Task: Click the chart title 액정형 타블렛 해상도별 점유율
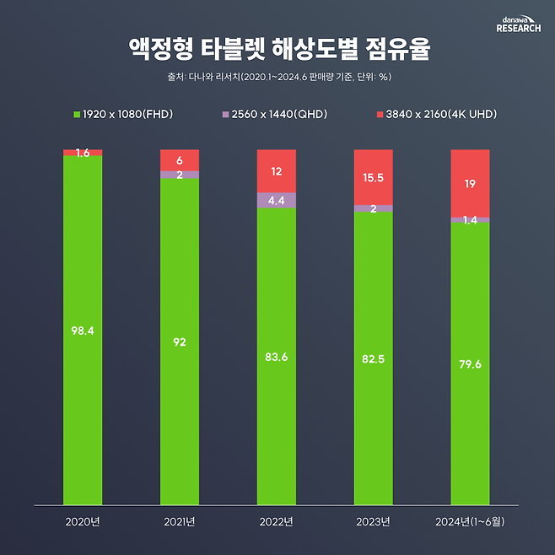(x=277, y=49)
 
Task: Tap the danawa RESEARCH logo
(x=519, y=23)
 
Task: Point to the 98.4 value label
(x=83, y=330)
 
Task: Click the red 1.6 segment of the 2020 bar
(x=83, y=153)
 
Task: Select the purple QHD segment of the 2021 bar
(x=180, y=175)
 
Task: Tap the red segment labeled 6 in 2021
(x=180, y=160)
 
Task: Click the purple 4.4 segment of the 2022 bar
(x=277, y=201)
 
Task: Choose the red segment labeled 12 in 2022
(x=277, y=171)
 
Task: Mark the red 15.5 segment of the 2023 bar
(x=374, y=177)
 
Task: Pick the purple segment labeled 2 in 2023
(x=374, y=208)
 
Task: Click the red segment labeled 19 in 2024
(x=470, y=183)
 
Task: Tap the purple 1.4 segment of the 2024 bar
(x=470, y=220)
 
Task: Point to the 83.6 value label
(x=277, y=357)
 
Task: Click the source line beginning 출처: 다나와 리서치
(x=277, y=77)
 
